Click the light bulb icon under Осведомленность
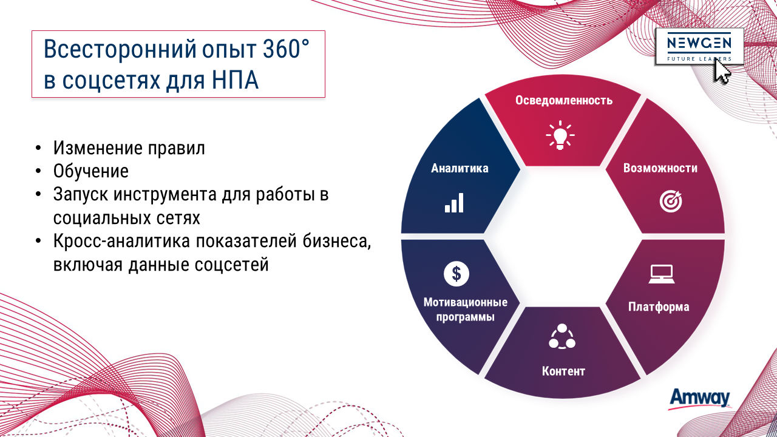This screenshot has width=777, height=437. (x=560, y=135)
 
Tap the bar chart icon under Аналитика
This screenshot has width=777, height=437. (x=454, y=203)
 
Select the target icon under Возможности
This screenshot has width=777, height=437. (x=671, y=201)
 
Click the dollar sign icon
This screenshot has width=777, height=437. (x=456, y=274)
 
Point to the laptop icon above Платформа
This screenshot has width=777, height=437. (x=662, y=274)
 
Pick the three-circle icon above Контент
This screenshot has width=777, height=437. (x=562, y=336)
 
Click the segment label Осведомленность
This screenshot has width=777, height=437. (x=564, y=100)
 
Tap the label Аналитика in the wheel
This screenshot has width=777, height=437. (x=460, y=168)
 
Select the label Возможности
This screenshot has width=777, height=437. (x=660, y=168)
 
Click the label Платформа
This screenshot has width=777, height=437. (x=659, y=307)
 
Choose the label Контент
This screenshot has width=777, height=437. (x=563, y=371)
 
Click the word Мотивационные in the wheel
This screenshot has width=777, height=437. (x=466, y=302)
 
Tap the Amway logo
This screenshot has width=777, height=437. (x=700, y=399)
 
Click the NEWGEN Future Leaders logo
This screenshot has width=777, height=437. (x=699, y=47)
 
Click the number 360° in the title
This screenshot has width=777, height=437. (x=285, y=49)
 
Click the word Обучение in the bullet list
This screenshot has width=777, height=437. (x=91, y=171)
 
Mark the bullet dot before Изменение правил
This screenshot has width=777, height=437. (x=38, y=148)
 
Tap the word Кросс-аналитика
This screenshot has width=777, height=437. (x=121, y=241)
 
